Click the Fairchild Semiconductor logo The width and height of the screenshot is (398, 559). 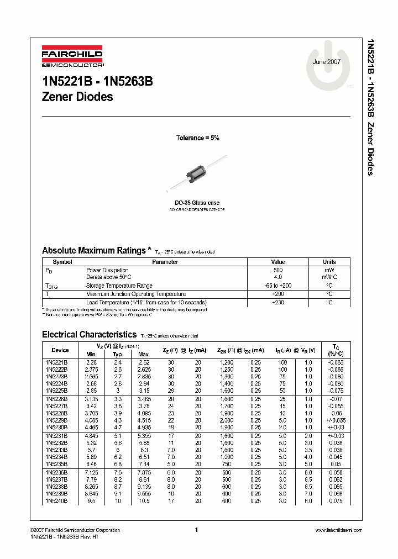coord(72,58)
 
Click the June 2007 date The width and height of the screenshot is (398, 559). coord(327,62)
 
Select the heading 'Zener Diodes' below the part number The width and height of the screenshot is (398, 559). coord(77,97)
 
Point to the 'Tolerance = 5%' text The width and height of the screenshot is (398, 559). coord(197,138)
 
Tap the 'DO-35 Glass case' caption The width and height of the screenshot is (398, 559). coord(197,203)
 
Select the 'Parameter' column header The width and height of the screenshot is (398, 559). coord(165,262)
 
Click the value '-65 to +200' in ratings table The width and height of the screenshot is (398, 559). coord(277,286)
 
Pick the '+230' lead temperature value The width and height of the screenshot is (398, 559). coord(277,302)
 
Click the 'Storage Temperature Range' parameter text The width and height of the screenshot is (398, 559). coord(119,286)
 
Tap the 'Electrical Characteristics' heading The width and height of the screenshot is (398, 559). coord(89,335)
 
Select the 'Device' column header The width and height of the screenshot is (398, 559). coord(60,350)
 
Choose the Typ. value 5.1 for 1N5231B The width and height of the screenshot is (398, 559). coord(118,436)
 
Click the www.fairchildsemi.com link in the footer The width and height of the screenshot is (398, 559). coord(338,530)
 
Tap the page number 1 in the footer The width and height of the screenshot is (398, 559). coord(197,530)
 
